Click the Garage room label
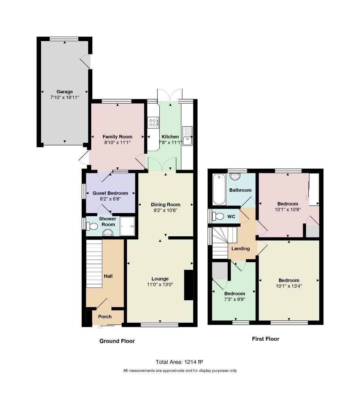(65, 92)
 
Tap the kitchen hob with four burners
(153, 123)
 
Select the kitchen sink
(187, 136)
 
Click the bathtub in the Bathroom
(219, 189)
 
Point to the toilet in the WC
(218, 216)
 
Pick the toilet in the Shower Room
(92, 226)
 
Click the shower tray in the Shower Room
(127, 226)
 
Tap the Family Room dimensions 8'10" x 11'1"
(117, 143)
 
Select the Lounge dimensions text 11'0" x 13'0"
(160, 285)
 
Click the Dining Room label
(165, 205)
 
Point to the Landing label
(241, 249)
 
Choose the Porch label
(105, 317)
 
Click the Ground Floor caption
(117, 341)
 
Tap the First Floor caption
(265, 339)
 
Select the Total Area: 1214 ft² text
(179, 362)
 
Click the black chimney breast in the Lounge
(189, 285)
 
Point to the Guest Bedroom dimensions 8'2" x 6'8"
(110, 199)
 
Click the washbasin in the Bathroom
(235, 177)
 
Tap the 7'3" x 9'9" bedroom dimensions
(235, 299)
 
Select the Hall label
(108, 276)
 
